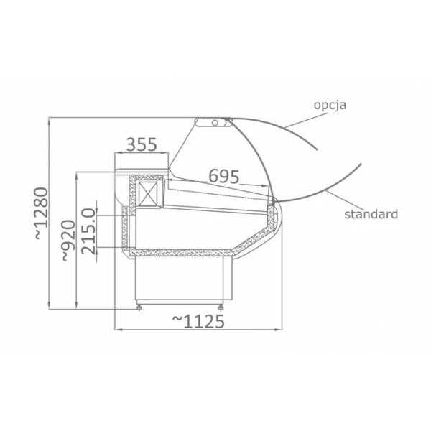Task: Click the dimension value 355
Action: pos(142,144)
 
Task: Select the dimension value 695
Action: pos(224,176)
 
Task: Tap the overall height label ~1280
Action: pos(41,213)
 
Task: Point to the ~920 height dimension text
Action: pos(68,241)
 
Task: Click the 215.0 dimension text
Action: pos(89,231)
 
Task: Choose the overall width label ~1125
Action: pos(198,322)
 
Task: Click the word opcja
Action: pos(330,106)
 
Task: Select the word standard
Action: pos(371,214)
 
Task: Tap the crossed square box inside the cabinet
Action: pos(148,193)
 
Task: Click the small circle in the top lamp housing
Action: pos(215,123)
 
